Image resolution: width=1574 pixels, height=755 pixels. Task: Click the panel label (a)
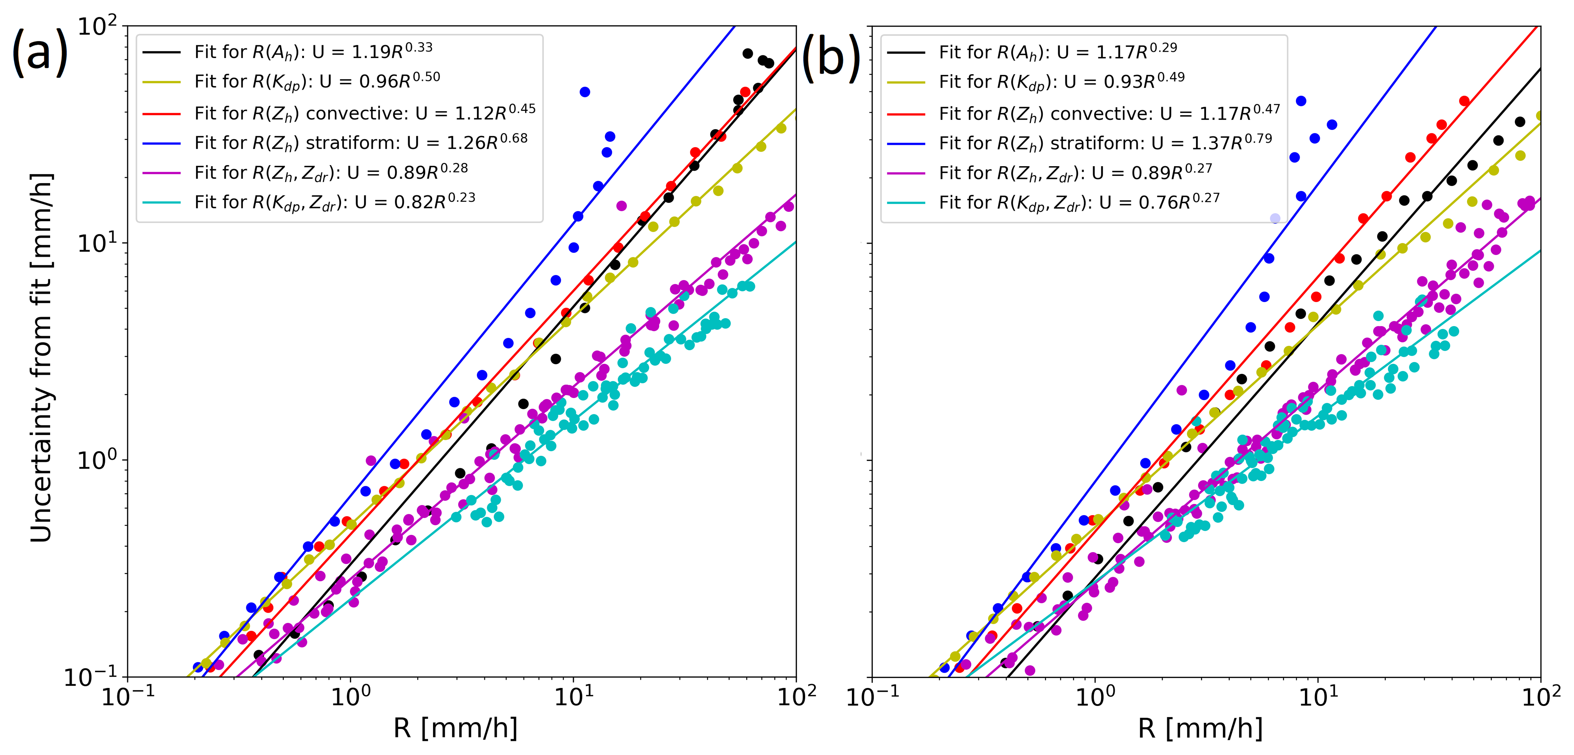pos(40,54)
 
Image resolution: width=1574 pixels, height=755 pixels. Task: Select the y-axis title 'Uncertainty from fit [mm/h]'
pos(42,357)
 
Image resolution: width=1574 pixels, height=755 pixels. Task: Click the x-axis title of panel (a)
pos(455,728)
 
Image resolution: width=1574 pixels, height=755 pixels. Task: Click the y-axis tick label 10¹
pos(97,243)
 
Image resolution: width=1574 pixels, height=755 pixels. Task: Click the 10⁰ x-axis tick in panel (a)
pos(350,696)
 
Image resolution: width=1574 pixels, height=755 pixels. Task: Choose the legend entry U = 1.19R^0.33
pos(313,51)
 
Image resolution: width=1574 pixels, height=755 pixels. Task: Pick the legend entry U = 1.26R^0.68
pos(360,142)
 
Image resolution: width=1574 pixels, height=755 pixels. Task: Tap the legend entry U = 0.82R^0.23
pos(334,202)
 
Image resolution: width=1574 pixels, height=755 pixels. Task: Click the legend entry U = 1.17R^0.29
pos(1058,51)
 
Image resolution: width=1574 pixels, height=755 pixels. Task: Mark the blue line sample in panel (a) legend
pos(161,143)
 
